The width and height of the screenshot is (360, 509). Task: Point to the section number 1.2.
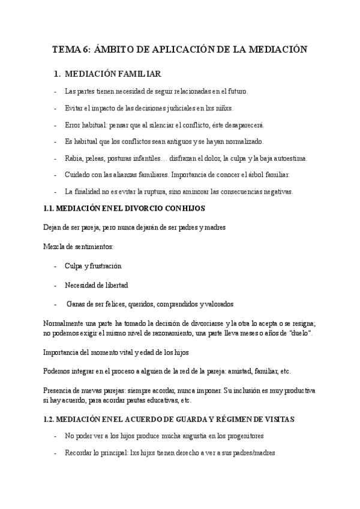[51, 418]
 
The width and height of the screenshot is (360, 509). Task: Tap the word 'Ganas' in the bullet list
[76, 304]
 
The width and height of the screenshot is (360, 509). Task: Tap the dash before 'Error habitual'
[56, 125]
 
